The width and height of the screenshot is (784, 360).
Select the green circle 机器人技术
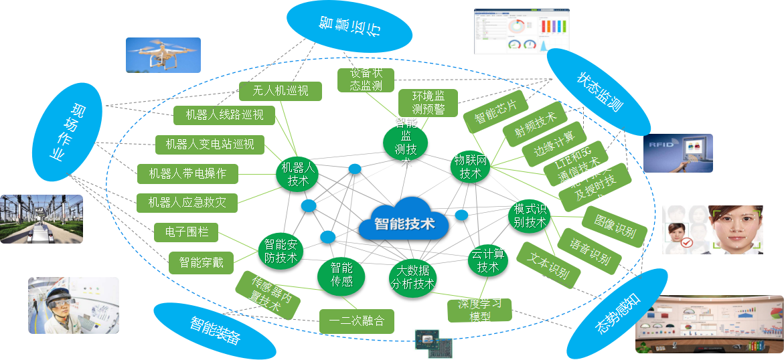(x=297, y=173)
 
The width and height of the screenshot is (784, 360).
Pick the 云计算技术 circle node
(x=487, y=260)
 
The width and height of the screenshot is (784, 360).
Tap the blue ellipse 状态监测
(x=599, y=92)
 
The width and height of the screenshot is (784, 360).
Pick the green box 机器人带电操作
(x=187, y=174)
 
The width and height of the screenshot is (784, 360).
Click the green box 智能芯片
(x=495, y=111)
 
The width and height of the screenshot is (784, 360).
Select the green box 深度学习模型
(x=479, y=310)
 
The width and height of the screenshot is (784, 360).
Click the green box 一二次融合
(x=356, y=321)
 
